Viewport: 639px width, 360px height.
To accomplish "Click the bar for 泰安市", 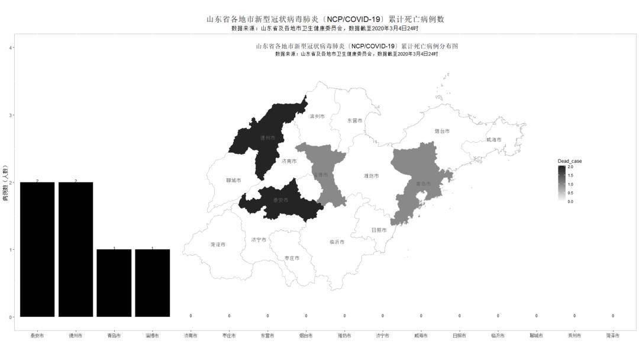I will click(x=37, y=249).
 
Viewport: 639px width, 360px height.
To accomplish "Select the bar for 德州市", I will click(x=76, y=249).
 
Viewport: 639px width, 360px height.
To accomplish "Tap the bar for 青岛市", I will click(x=114, y=283).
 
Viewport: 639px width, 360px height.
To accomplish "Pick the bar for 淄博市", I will click(x=152, y=283).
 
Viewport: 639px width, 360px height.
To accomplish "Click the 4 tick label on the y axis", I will click(x=11, y=47).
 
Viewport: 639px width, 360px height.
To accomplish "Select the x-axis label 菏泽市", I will click(x=613, y=336).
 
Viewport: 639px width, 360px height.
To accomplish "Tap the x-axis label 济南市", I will click(x=191, y=336).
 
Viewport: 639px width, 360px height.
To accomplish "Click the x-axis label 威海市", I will click(x=421, y=336).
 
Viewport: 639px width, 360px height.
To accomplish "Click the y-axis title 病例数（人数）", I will click(x=5, y=182).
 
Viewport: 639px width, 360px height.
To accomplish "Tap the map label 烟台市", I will click(x=442, y=131).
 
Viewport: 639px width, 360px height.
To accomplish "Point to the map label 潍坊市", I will click(x=371, y=176).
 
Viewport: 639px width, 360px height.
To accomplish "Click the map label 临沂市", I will click(x=337, y=242).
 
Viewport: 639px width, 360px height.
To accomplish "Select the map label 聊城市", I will click(x=234, y=180).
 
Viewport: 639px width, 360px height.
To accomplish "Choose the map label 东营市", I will click(x=354, y=120).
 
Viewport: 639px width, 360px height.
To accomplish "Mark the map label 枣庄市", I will click(x=292, y=258).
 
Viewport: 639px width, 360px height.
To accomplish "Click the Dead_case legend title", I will click(x=569, y=161).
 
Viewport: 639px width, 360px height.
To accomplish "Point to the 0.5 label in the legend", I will click(x=570, y=193).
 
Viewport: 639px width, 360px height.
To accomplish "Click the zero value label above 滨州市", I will click(x=575, y=316).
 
